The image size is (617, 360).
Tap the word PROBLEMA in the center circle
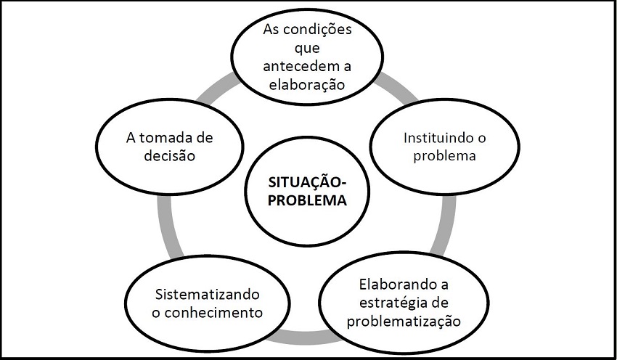[x=306, y=201]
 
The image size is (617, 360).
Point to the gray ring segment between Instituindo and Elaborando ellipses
[x=449, y=225]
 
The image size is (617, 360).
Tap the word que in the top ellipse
[x=306, y=51]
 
